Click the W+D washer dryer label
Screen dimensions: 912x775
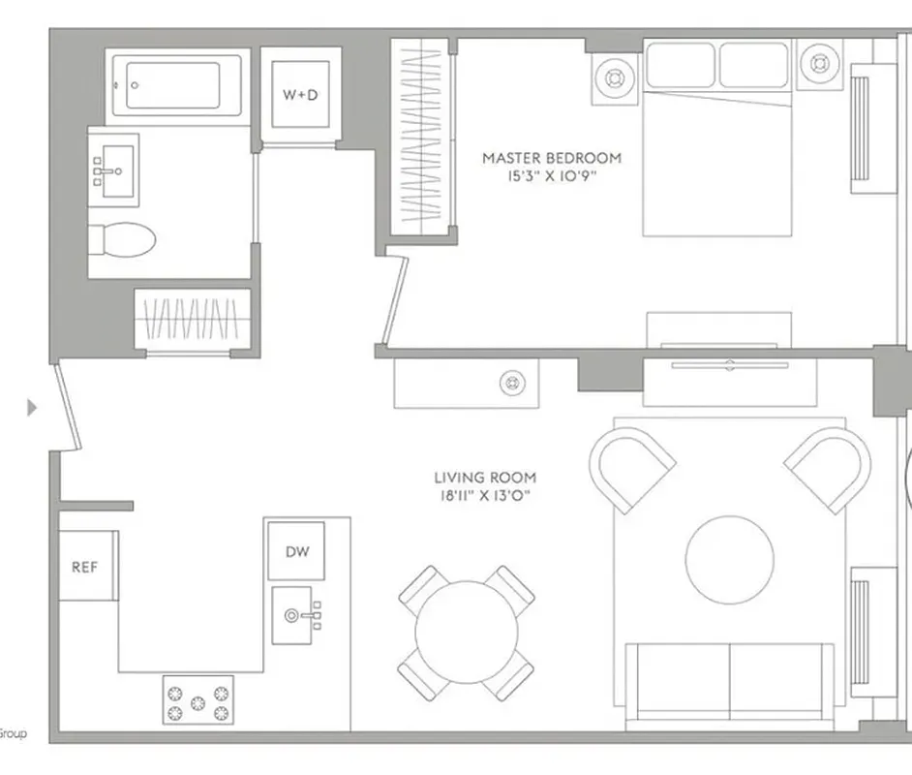[300, 94]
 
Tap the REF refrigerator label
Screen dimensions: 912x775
[85, 567]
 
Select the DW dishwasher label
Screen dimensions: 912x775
[297, 551]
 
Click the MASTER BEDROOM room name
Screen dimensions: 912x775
[552, 158]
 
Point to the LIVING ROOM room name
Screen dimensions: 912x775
[485, 478]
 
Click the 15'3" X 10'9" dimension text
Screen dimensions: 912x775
[552, 175]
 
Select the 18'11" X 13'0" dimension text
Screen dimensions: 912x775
[485, 496]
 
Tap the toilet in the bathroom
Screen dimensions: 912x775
[122, 239]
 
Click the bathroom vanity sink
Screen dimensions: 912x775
[114, 171]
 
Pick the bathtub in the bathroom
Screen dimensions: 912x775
[177, 85]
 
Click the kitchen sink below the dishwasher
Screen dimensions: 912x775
[296, 615]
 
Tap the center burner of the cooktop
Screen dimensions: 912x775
[198, 703]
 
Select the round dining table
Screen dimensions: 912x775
[467, 632]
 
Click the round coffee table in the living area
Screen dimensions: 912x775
[729, 560]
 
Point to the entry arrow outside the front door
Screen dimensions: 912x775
[32, 407]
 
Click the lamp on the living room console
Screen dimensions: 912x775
[512, 383]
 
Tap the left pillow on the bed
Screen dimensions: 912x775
[681, 65]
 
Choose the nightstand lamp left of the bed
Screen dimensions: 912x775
[615, 77]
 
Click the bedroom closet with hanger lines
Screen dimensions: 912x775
[421, 137]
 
